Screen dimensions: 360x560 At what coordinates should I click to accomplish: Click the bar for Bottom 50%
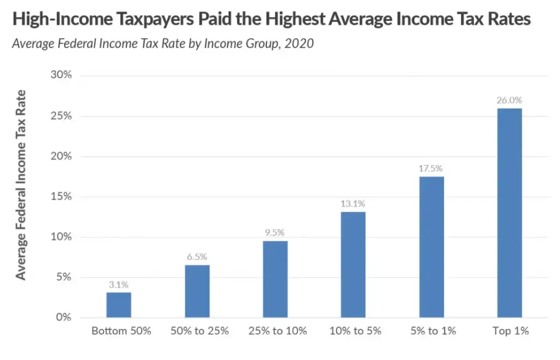(x=119, y=305)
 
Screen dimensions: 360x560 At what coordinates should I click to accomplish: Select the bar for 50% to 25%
(x=197, y=291)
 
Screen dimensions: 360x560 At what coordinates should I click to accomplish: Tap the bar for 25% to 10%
(x=275, y=279)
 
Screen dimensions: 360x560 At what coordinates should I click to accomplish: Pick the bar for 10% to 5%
(x=353, y=265)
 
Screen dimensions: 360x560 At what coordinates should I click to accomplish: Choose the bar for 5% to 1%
(x=431, y=247)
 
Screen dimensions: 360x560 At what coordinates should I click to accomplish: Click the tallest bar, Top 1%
(x=510, y=213)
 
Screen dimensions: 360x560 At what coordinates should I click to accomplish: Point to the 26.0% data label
(x=510, y=101)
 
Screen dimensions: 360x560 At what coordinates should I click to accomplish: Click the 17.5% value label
(x=431, y=169)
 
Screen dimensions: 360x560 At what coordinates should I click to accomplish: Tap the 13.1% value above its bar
(x=353, y=204)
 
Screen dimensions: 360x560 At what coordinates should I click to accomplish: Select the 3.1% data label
(x=119, y=284)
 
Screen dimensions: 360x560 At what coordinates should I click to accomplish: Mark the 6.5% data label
(x=197, y=257)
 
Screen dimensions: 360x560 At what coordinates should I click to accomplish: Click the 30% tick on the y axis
(x=61, y=76)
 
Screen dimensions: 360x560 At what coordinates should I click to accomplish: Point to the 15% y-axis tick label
(x=61, y=196)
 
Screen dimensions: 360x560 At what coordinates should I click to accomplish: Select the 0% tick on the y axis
(x=63, y=317)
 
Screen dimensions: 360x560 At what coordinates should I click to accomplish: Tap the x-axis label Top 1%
(x=510, y=331)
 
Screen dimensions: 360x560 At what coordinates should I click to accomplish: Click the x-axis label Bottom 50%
(x=119, y=331)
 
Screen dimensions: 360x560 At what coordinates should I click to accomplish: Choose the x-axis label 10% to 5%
(x=353, y=331)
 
